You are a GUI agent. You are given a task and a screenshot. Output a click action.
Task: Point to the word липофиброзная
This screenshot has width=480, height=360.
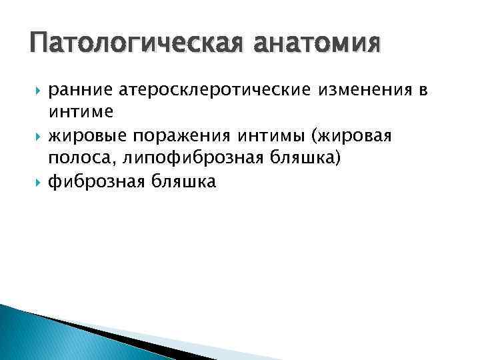click(x=175, y=159)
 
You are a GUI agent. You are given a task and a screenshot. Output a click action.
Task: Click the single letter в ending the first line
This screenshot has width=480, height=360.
click(x=422, y=91)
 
